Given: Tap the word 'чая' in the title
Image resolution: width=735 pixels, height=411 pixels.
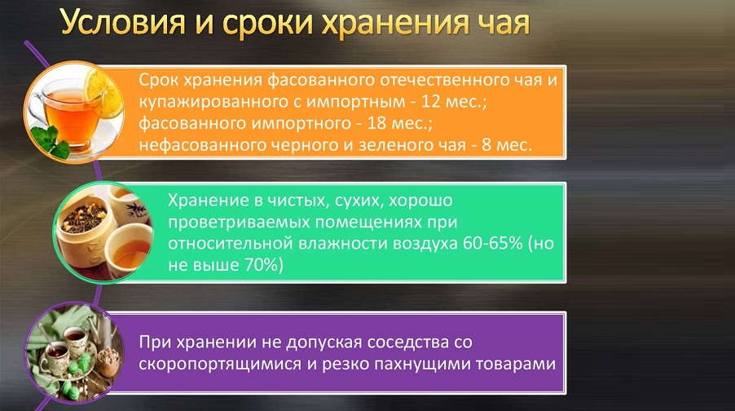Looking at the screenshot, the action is [503, 24].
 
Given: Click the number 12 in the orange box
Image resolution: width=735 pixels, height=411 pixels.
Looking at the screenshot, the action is [431, 101].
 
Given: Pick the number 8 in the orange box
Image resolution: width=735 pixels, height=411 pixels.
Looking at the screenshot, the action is [486, 144].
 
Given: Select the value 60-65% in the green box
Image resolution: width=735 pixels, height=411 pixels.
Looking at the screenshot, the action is [492, 244].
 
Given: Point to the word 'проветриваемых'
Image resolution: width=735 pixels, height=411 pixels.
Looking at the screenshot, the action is [239, 223].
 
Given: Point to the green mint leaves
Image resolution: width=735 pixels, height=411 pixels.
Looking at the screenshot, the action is [51, 142].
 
